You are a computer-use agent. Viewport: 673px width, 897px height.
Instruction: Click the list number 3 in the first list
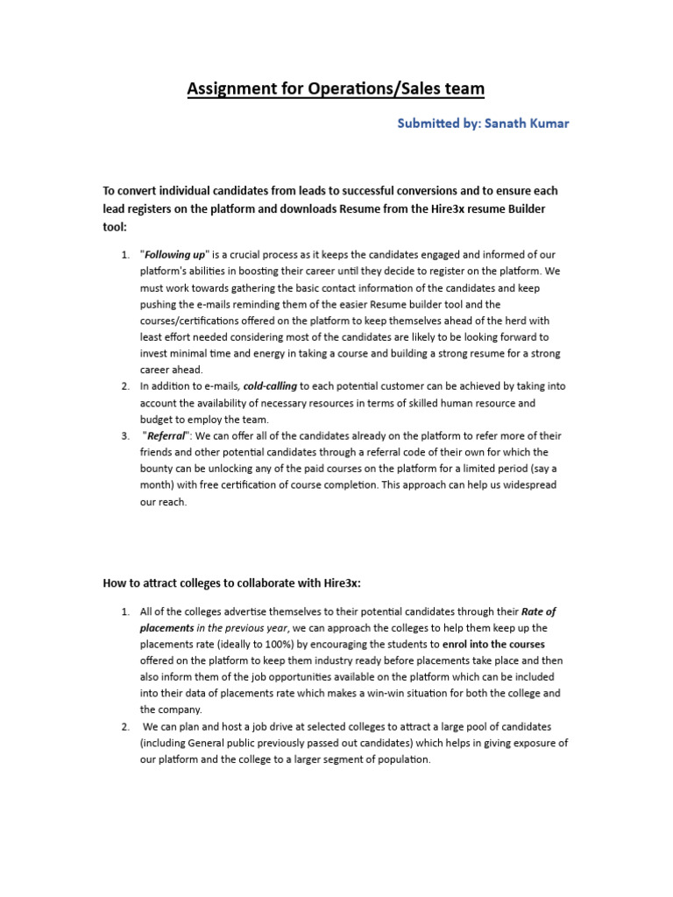pos(124,436)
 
